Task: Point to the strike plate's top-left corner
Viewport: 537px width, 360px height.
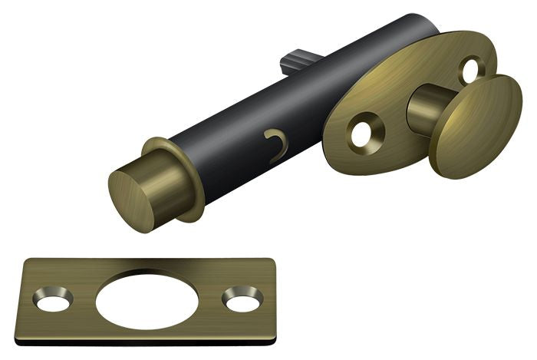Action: [x=25, y=260]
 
